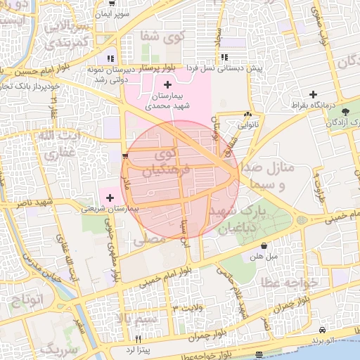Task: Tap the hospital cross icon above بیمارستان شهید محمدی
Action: pos(167,84)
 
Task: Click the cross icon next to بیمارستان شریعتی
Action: pos(110,198)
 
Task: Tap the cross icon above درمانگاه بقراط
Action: pos(313,94)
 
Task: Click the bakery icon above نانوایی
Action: pos(247,115)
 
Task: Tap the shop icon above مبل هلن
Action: pos(264,246)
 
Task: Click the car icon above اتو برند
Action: pos(321,330)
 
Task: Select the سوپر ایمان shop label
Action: pos(133,14)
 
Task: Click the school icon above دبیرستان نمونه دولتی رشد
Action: pos(110,58)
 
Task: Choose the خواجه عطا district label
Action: pos(290,281)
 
